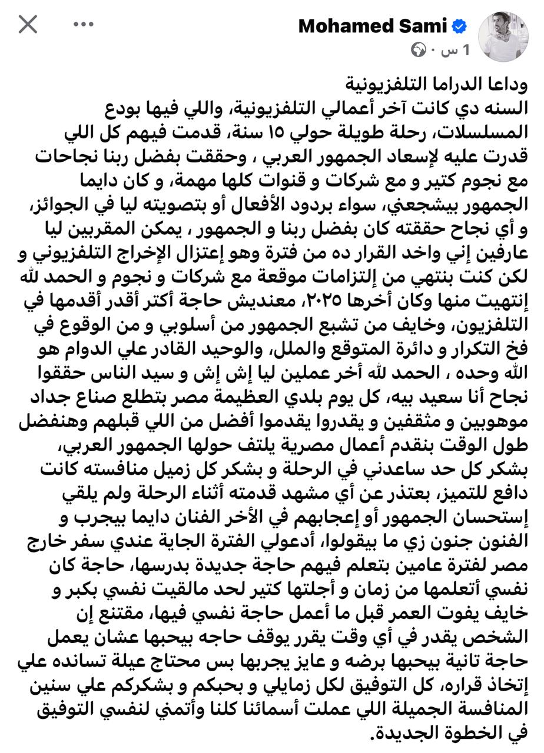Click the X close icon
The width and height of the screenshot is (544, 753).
pyautogui.click(x=28, y=24)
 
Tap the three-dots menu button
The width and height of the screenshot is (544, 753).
pyautogui.click(x=84, y=24)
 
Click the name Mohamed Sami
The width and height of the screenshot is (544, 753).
pyautogui.click(x=372, y=26)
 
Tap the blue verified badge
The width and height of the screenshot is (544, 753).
pyautogui.click(x=459, y=26)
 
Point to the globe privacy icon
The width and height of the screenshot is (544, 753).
pyautogui.click(x=418, y=51)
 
